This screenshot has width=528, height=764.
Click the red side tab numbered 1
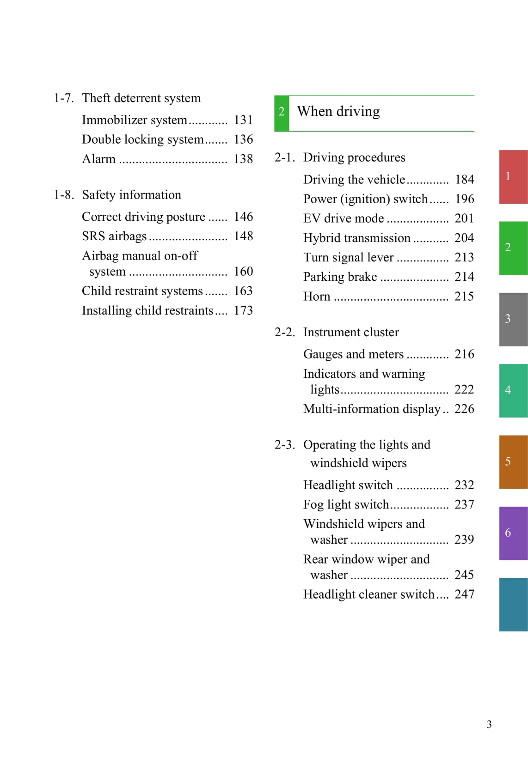point(513,176)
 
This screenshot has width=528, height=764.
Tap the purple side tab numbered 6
point(513,533)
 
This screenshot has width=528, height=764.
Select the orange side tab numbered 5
point(513,462)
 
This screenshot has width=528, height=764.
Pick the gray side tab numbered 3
point(513,319)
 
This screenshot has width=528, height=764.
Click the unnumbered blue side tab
point(513,604)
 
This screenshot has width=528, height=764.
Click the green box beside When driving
point(282,113)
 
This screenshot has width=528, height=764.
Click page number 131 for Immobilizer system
point(243,120)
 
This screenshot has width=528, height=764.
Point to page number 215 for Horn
point(464,297)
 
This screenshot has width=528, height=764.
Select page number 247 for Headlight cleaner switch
point(464,594)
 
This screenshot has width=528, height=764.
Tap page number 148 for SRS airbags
point(243,236)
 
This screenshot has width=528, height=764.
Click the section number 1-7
point(63,98)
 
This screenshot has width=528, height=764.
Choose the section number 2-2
point(284,332)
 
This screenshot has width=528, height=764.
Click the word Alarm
point(98,159)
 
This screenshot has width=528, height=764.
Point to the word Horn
point(317,297)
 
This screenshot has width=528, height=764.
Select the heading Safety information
point(131,195)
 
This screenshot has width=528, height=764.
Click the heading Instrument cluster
point(351,332)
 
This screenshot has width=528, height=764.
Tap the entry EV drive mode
point(344,218)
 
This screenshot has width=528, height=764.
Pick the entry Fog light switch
point(346,504)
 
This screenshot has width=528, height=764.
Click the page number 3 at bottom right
point(489,724)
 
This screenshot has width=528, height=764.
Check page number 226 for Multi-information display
point(464,409)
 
